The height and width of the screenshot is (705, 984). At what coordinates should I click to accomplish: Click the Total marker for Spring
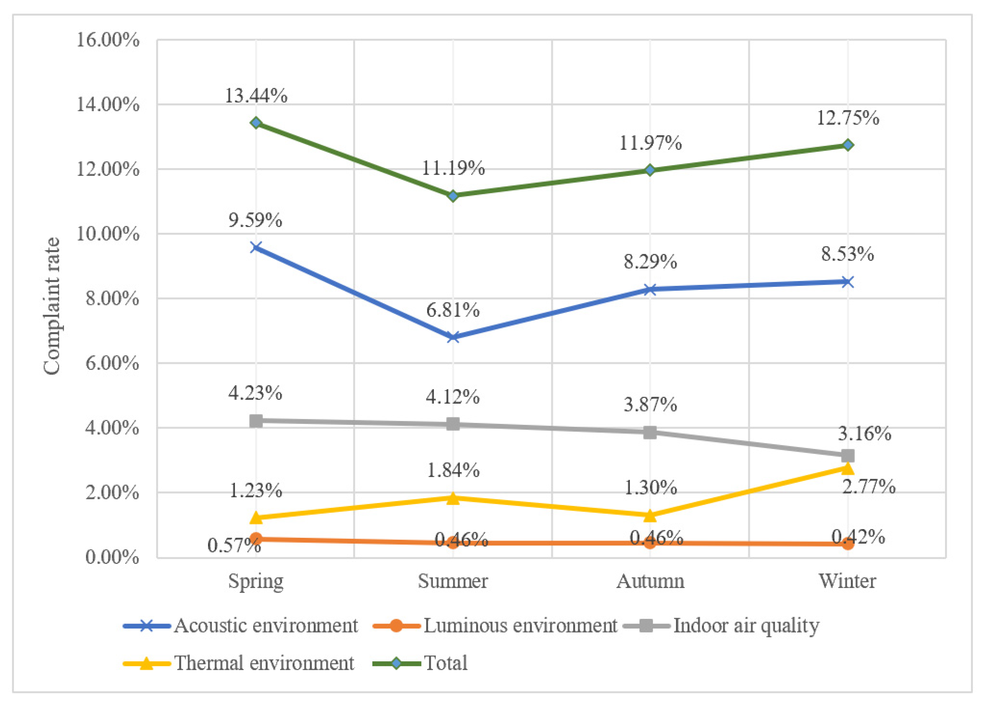pyautogui.click(x=256, y=123)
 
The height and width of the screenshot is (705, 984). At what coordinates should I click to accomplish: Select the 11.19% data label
pyautogui.click(x=453, y=168)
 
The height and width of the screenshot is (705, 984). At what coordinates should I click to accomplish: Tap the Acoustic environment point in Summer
pyautogui.click(x=453, y=337)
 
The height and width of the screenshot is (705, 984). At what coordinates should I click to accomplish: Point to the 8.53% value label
pyautogui.click(x=847, y=254)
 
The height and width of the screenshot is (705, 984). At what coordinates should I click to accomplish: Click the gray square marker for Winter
pyautogui.click(x=847, y=455)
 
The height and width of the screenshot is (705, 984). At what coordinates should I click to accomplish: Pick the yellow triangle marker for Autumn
pyautogui.click(x=650, y=515)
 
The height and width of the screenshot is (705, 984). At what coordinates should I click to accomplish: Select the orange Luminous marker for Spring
pyautogui.click(x=256, y=539)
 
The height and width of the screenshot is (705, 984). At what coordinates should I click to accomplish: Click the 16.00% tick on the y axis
pyautogui.click(x=108, y=40)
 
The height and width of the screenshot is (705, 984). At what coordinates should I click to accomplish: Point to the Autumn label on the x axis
pyautogui.click(x=650, y=581)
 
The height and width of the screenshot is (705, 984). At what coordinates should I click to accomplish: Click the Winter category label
pyautogui.click(x=847, y=581)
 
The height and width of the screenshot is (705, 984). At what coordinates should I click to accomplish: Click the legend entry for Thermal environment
pyautogui.click(x=264, y=663)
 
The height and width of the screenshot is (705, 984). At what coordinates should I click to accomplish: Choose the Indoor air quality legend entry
pyautogui.click(x=746, y=625)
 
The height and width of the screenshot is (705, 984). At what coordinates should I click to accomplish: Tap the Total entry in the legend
pyautogui.click(x=445, y=663)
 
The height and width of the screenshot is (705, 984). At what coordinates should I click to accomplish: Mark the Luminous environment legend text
pyautogui.click(x=520, y=625)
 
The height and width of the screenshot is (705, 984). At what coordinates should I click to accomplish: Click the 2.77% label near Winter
pyautogui.click(x=869, y=487)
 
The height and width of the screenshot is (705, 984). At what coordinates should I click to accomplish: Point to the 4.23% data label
pyautogui.click(x=255, y=393)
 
